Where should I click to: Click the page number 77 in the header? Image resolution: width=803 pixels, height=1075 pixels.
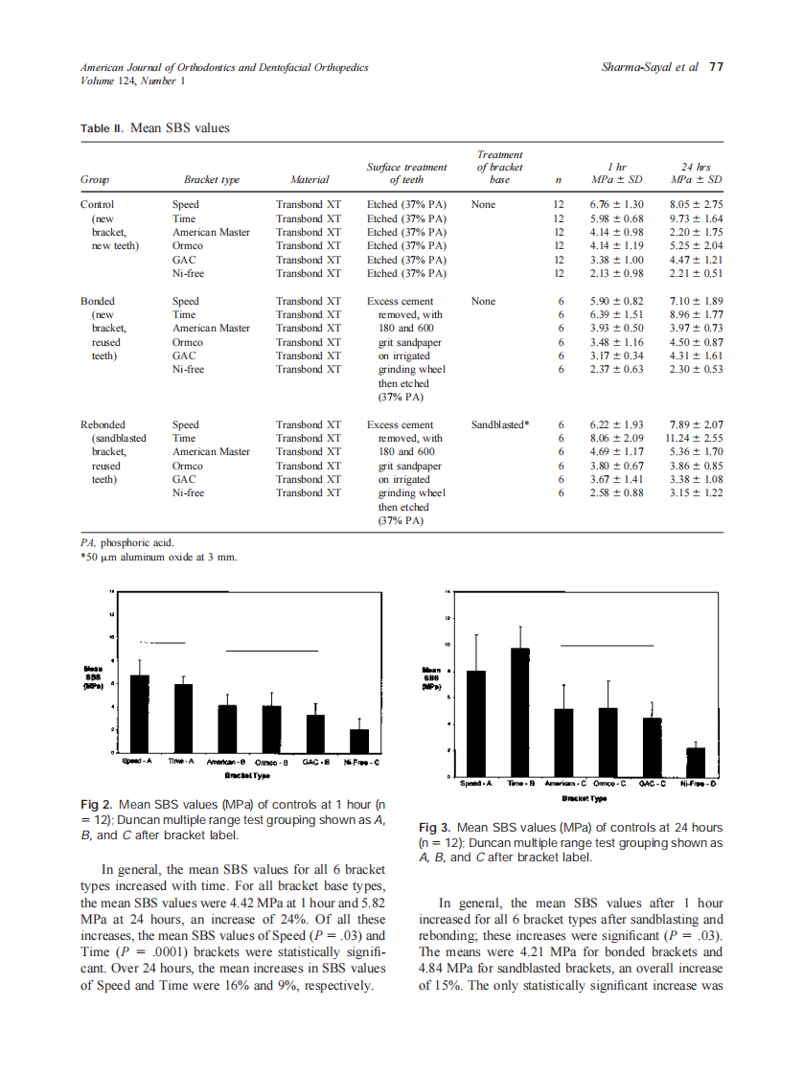coord(716,67)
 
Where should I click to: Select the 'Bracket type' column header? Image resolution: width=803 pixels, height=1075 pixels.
coord(211,179)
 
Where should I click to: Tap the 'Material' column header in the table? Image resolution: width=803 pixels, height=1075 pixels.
coord(309,179)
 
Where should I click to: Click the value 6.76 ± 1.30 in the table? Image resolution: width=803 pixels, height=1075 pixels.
coord(616,204)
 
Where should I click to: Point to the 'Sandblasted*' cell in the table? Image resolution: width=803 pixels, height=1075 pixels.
coord(500,424)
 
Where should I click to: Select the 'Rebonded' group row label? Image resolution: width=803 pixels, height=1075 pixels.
coord(103,424)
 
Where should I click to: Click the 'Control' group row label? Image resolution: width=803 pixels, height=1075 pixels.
coord(98,204)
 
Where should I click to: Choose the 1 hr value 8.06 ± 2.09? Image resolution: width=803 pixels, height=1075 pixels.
coord(616,438)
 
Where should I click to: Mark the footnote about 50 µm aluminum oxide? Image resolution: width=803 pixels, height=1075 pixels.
coord(158,557)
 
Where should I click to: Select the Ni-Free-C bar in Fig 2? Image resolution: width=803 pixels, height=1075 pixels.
coord(358,742)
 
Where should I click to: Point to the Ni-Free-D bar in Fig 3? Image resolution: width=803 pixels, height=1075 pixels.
coord(697,762)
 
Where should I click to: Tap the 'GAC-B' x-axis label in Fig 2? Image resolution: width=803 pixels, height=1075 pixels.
coord(315,761)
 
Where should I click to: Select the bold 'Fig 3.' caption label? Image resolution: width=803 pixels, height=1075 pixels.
coord(436,827)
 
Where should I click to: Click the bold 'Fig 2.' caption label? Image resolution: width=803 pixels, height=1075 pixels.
coord(97,805)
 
